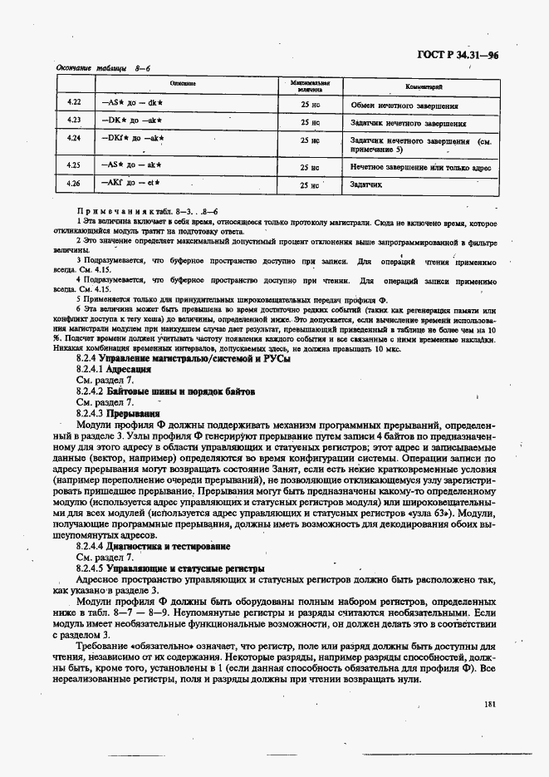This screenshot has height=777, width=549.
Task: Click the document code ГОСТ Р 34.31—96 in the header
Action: click(x=463, y=57)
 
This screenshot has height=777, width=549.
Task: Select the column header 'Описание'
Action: click(x=183, y=85)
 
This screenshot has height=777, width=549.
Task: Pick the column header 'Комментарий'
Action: click(x=424, y=86)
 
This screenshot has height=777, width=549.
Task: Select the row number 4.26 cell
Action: click(x=73, y=183)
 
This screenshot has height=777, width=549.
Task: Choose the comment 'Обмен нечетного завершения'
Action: click(x=404, y=106)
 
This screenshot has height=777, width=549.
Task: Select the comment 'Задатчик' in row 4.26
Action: click(x=366, y=184)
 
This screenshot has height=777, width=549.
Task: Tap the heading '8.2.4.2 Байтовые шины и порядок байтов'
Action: click(x=154, y=390)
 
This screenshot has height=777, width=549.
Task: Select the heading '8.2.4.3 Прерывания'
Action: click(x=117, y=412)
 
